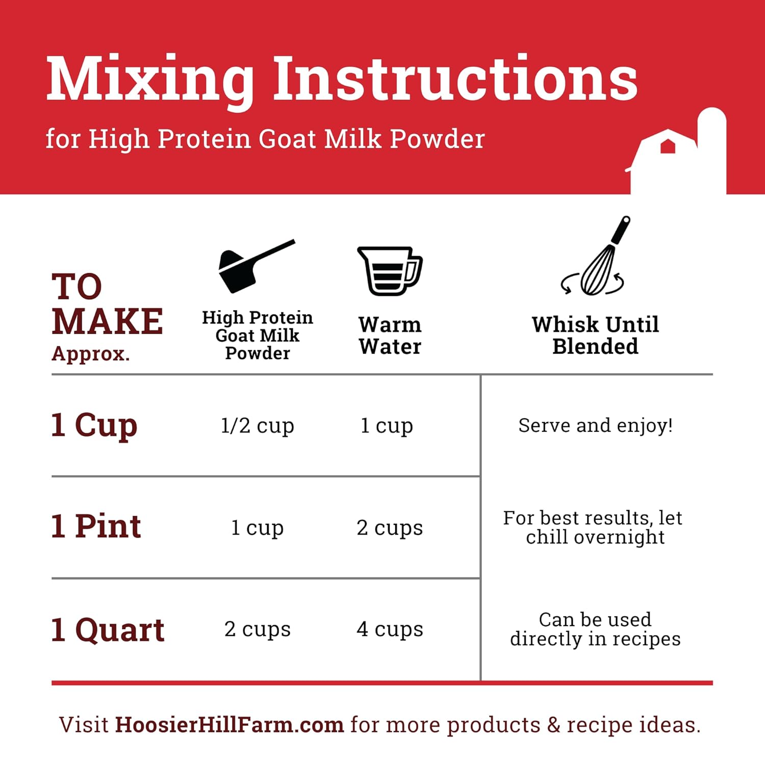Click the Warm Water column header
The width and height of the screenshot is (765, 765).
coord(390,335)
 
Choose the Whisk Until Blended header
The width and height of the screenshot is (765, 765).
coord(595,335)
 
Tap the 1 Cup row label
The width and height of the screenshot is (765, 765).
coord(94,425)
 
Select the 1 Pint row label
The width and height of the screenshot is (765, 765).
coord(96,526)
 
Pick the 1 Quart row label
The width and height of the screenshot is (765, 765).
coord(108,629)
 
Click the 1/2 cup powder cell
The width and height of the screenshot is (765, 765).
coord(258,425)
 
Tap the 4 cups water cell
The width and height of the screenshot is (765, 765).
coord(390,629)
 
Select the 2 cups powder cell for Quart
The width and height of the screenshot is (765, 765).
coord(258,629)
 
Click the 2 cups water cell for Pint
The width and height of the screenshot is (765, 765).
coord(390,527)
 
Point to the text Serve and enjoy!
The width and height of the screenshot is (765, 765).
coord(595,425)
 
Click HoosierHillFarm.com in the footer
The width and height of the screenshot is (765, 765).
coord(229,725)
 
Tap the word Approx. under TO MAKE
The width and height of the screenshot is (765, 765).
coord(91,353)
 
